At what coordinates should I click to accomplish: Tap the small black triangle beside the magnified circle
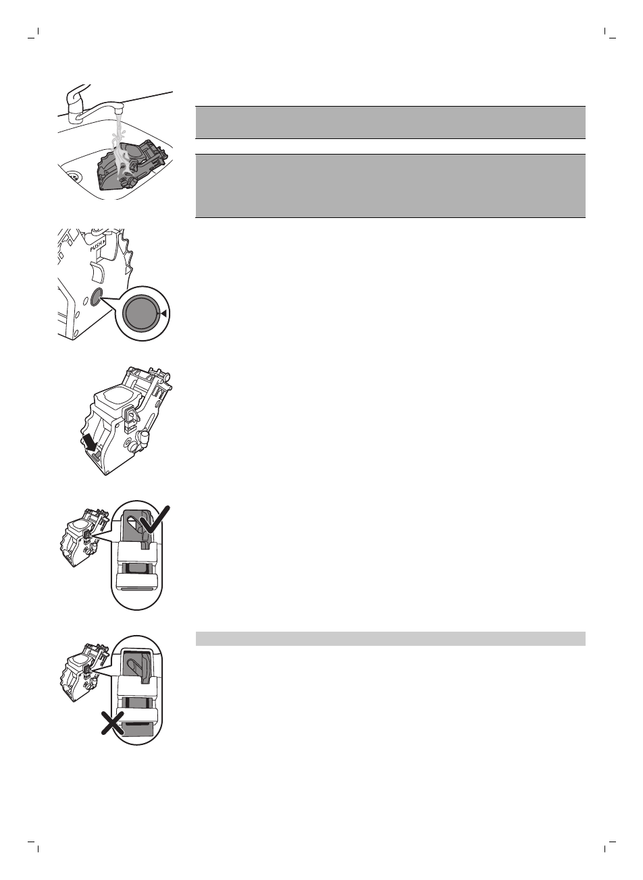pyautogui.click(x=165, y=312)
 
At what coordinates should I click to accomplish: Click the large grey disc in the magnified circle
pyautogui.click(x=142, y=314)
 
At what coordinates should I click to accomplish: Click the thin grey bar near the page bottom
pyautogui.click(x=390, y=638)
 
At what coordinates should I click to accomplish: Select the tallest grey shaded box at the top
pyautogui.click(x=390, y=186)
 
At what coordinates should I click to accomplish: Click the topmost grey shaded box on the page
pyautogui.click(x=390, y=121)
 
